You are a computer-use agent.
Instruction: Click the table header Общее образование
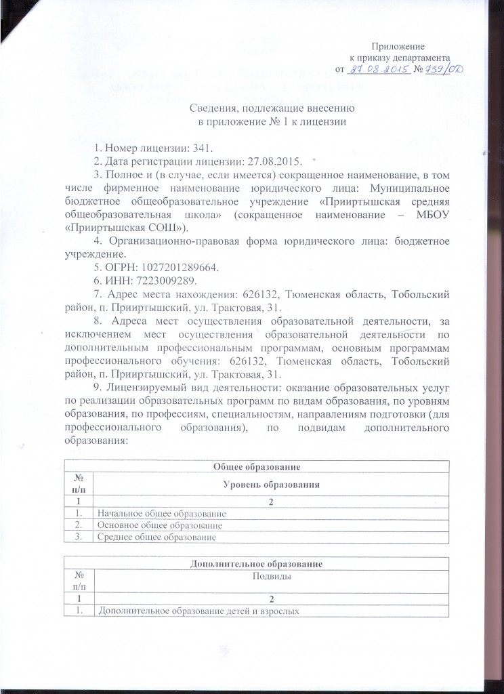point(257,466)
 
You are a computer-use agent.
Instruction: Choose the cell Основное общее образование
point(160,525)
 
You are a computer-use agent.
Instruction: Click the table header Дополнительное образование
point(257,563)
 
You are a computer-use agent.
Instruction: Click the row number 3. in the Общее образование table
point(79,537)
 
